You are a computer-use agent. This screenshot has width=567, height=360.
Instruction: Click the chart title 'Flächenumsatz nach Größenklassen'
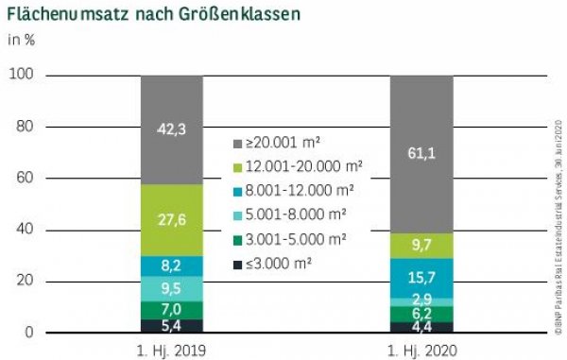143,15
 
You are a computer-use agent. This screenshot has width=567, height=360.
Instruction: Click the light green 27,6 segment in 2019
172,219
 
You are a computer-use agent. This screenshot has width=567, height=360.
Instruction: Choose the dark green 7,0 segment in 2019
172,309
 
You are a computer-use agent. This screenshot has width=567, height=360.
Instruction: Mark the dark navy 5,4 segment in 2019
172,326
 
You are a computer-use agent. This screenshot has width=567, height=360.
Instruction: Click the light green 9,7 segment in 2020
421,245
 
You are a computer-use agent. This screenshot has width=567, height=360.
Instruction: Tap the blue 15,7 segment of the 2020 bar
421,277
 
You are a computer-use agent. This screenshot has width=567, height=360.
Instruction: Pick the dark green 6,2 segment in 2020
421,313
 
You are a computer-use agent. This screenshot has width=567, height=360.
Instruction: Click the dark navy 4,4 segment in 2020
421,328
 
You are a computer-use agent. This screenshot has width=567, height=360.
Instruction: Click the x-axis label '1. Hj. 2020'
421,349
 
